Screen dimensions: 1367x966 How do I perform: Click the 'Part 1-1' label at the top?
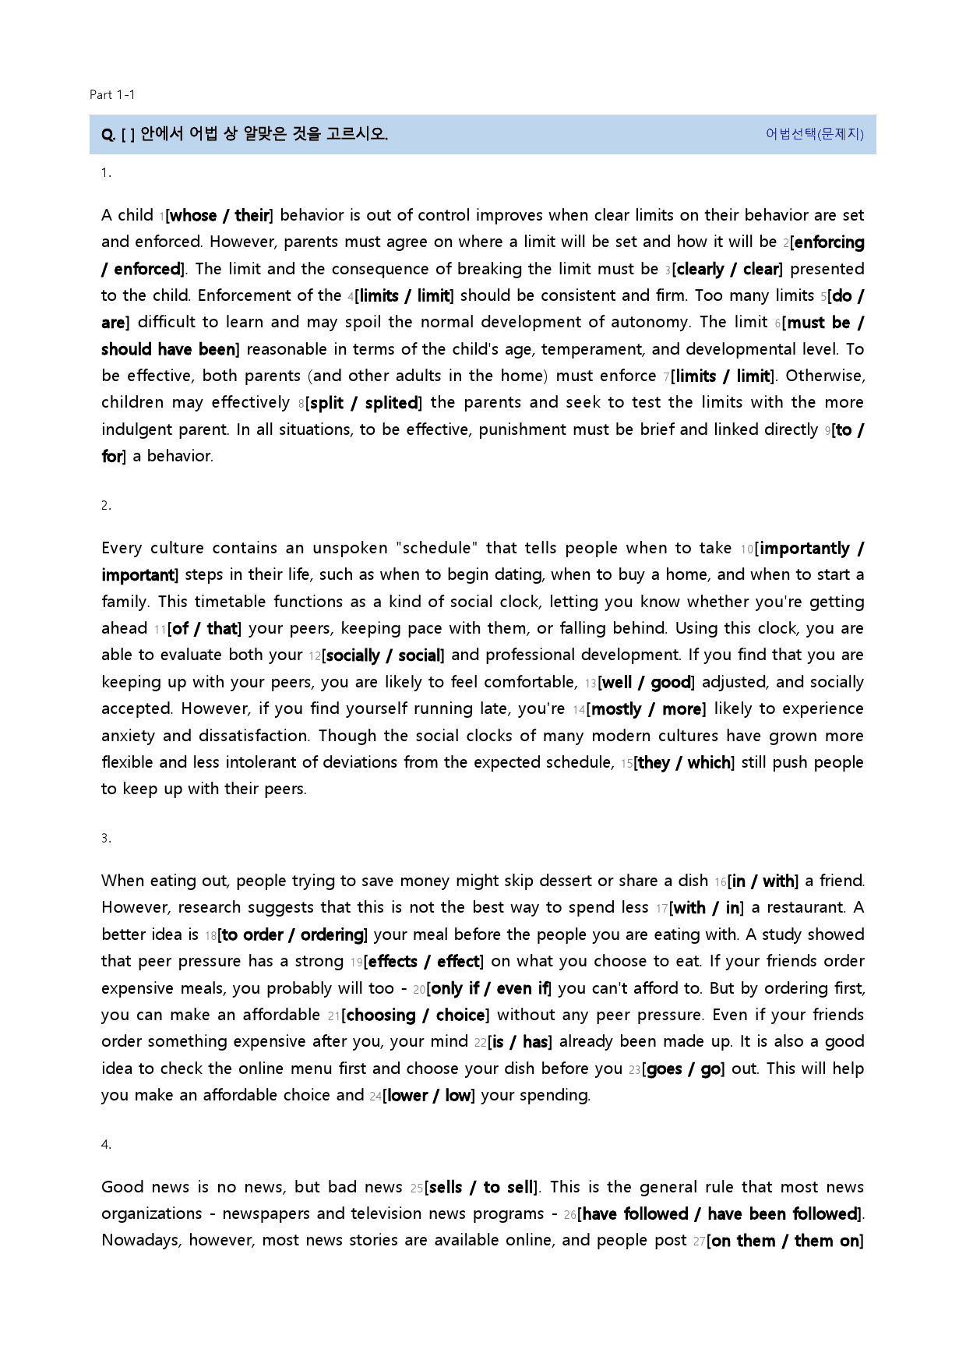pos(112,95)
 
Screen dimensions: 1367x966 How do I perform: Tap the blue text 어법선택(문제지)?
pos(814,134)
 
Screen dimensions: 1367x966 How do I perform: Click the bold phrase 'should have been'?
pos(168,350)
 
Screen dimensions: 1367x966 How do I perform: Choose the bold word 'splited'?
pos(392,403)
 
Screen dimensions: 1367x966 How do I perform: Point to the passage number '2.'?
pos(106,506)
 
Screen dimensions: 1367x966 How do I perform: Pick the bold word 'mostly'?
pos(616,709)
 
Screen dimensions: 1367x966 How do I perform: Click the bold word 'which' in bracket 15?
pos(709,763)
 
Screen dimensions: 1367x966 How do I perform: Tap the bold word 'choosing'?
pos(381,1016)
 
